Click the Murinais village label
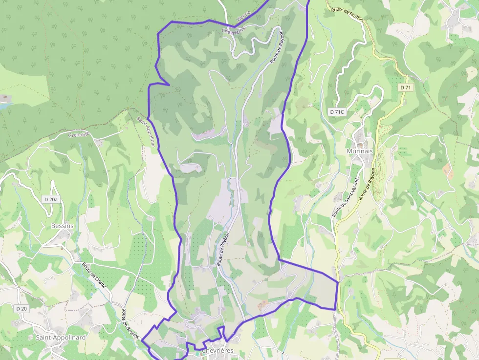(359, 151)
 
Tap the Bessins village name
(62, 226)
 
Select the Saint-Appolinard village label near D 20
(61, 338)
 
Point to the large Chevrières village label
(218, 351)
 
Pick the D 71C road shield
(337, 112)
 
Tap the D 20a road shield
(51, 199)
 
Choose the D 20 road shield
(21, 308)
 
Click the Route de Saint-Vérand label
(346, 197)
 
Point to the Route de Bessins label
(131, 323)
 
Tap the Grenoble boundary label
(78, 134)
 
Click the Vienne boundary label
(243, 16)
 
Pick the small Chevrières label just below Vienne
(233, 31)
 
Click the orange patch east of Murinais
(447, 170)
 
